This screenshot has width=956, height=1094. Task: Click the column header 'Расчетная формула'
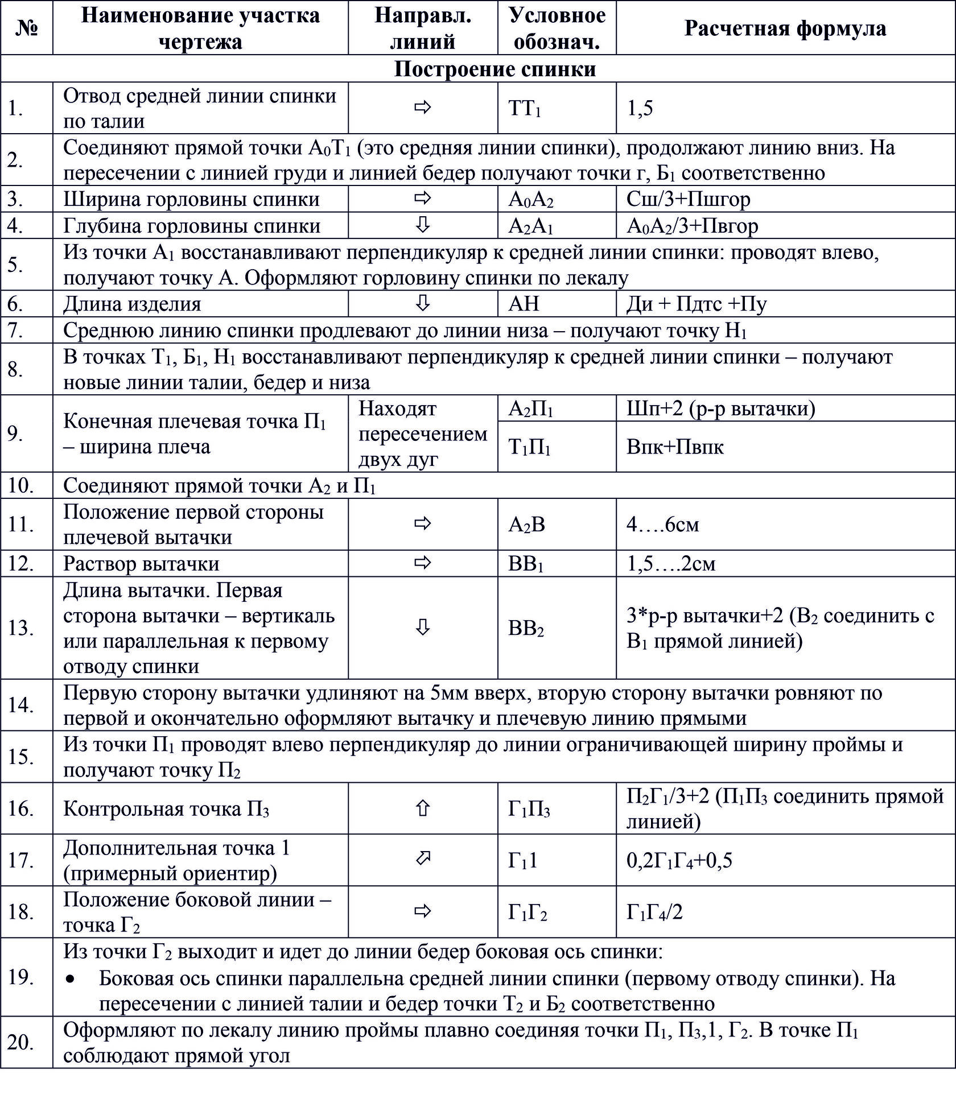click(x=785, y=28)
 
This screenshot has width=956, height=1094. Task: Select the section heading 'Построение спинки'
click(x=495, y=69)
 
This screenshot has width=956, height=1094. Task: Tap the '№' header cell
click(x=27, y=28)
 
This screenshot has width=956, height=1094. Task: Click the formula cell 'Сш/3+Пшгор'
click(x=688, y=199)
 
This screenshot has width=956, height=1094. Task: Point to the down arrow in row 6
click(x=422, y=304)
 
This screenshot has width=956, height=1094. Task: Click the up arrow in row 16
click(x=422, y=808)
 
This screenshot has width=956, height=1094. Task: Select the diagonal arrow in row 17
click(x=422, y=859)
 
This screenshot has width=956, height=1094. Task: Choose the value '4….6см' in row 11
click(x=662, y=524)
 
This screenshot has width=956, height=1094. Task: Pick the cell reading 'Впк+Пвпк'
click(x=674, y=447)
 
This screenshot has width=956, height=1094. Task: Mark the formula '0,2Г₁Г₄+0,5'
click(x=679, y=860)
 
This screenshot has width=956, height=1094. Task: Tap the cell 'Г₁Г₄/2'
click(x=654, y=912)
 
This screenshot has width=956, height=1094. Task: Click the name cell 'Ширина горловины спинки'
click(x=191, y=199)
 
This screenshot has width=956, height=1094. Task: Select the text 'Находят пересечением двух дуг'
click(x=422, y=434)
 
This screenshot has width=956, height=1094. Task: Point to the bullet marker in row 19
click(x=70, y=979)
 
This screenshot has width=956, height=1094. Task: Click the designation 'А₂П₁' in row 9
click(x=530, y=408)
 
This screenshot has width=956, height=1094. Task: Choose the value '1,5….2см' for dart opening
click(x=670, y=564)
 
